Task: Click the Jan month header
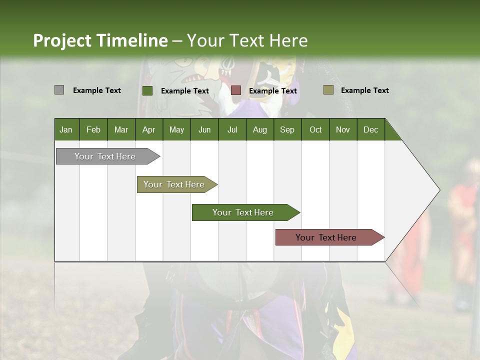point(66,129)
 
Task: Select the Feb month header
point(93,129)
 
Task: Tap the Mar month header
point(121,129)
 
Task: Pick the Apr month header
point(148,129)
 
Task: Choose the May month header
point(176,129)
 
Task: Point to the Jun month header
point(204,129)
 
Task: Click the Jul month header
point(232,129)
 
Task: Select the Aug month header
point(259,129)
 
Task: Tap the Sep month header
point(287,129)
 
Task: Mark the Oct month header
point(315,129)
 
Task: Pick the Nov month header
point(342,129)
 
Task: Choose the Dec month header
point(370,129)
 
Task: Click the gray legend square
point(59,90)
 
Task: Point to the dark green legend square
point(147,90)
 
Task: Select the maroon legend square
point(236,90)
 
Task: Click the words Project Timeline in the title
point(100,40)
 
